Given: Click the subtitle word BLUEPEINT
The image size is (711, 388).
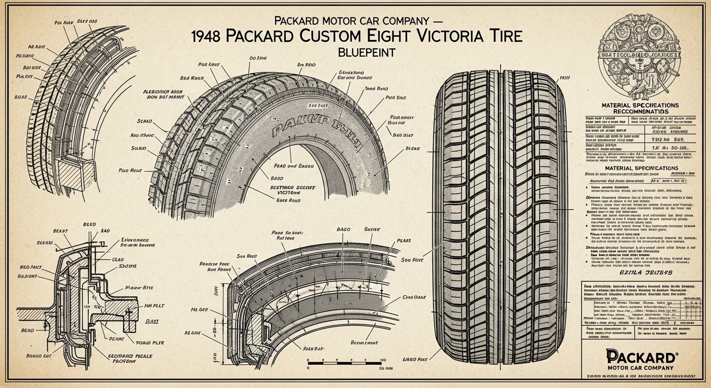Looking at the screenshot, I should (x=355, y=52).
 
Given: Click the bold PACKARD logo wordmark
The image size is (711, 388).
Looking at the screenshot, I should (x=640, y=355).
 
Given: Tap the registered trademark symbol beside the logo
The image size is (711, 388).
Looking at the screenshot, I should (x=677, y=349).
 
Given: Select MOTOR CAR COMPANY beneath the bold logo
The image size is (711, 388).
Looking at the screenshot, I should (x=640, y=367).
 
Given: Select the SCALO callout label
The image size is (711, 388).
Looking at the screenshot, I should (x=145, y=121).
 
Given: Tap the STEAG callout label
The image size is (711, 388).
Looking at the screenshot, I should (x=413, y=149).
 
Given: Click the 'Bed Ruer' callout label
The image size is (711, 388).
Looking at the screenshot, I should (x=192, y=78).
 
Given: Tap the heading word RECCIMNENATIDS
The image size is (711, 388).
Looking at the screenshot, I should (x=640, y=111).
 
